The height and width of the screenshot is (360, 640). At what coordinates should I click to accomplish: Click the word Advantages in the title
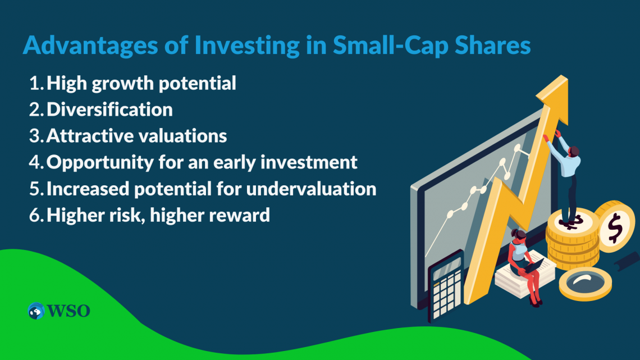point(90,45)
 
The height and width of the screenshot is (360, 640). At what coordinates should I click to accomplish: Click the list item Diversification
point(109,110)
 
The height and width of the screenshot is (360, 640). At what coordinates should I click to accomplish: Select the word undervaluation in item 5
point(311,189)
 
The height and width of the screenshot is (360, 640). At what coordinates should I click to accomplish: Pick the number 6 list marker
point(36,215)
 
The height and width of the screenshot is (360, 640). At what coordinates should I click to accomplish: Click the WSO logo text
point(68,311)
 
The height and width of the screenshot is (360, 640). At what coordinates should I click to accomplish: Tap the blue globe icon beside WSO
point(36,311)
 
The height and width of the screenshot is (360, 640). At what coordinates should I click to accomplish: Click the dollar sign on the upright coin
point(615,227)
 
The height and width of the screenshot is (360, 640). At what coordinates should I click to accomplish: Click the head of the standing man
point(573,152)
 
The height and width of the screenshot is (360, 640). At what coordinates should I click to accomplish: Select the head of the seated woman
point(520,235)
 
